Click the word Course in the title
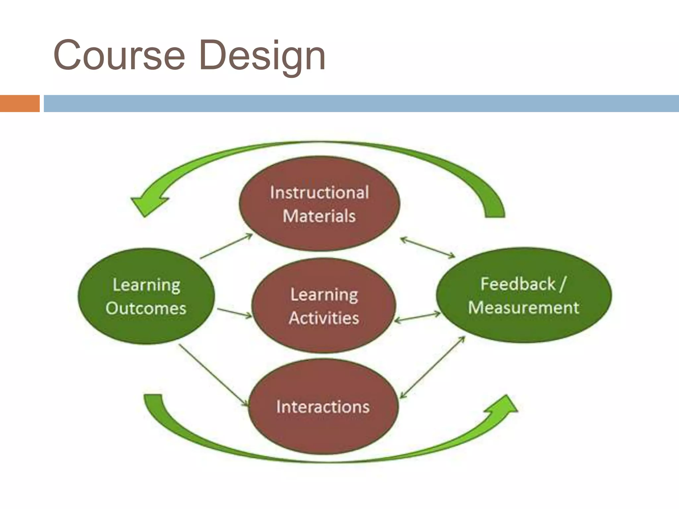tap(119, 55)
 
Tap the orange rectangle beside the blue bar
tap(20, 103)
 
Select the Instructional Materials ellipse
tap(319, 203)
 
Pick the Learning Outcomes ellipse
tap(146, 296)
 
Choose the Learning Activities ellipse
tap(324, 306)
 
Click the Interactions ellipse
tap(323, 407)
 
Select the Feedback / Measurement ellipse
tap(524, 295)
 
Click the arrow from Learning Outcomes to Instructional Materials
tap(226, 246)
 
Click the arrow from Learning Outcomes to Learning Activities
tap(234, 313)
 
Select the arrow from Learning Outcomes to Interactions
tap(214, 375)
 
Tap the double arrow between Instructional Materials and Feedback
tap(428, 247)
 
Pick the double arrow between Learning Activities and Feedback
tap(417, 317)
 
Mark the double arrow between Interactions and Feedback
tap(433, 367)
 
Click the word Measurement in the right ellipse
tap(524, 308)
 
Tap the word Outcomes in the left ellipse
tap(146, 308)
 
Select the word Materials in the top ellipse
tap(319, 216)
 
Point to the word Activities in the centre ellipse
tap(324, 318)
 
